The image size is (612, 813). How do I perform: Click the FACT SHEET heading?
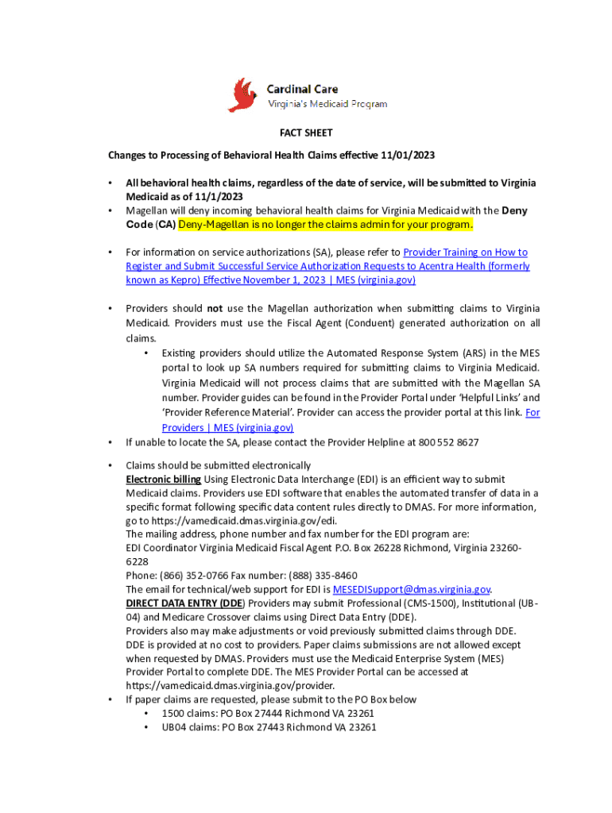pos(305,133)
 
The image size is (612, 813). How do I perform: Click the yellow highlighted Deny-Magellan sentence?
pos(326,225)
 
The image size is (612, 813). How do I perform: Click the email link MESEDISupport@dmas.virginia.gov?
pos(411,589)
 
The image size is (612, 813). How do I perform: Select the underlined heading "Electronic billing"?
pos(163,480)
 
